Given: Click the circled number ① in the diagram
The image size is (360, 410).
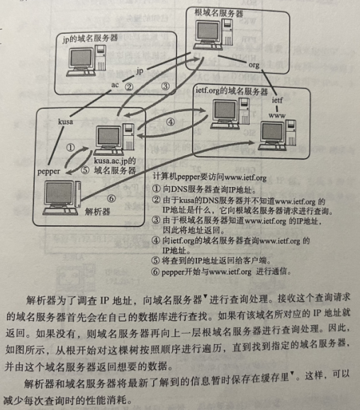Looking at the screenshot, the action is pos(70,148).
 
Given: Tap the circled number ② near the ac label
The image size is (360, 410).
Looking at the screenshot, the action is pos(129,87).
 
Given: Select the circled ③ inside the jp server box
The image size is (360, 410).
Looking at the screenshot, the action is pos(165,86).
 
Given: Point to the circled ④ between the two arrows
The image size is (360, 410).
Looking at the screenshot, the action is pos(171,122).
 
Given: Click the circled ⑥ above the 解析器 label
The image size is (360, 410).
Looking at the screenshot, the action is pos(111,198).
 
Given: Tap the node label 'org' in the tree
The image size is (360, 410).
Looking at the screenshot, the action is pos(254,65).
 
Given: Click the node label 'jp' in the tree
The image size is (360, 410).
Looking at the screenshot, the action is pos(140,71).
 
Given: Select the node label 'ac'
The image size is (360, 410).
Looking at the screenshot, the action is pos(115,85).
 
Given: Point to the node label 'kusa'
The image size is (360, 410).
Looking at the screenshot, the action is pos(65,122).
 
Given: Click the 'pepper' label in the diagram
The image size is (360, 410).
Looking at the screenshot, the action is pos(49,171).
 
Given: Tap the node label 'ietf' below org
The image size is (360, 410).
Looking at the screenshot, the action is pos(277,100).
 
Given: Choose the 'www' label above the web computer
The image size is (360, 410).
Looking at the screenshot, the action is pos(277,115).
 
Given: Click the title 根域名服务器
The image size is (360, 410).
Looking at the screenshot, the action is pos(219,13).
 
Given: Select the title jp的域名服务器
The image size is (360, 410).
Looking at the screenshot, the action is pos(90,38).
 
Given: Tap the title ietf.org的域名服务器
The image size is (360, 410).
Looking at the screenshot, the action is pos(232,91).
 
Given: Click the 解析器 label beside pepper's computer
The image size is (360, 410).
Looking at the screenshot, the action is pos(97,211).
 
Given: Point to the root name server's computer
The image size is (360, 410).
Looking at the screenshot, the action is pos(213,35).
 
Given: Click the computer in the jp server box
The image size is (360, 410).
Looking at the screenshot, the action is pos(86,61).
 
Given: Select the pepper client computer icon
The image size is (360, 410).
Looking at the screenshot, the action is pos(62,198).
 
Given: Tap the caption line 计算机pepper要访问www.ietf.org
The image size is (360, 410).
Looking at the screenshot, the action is pos(210,177).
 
